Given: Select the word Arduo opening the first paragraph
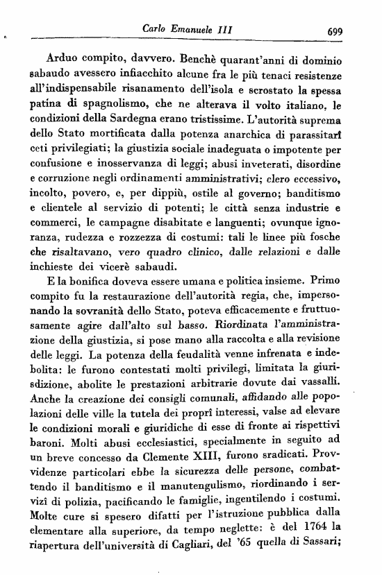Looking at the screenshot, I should [59, 58].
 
